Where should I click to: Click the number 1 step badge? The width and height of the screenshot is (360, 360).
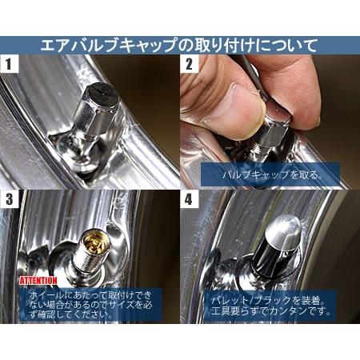pyautogui.click(x=11, y=63)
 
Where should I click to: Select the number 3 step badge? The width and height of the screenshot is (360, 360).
pyautogui.click(x=11, y=199)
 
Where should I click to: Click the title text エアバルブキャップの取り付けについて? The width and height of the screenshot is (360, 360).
pyautogui.click(x=179, y=44)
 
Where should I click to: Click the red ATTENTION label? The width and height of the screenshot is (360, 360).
pyautogui.click(x=38, y=281)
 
